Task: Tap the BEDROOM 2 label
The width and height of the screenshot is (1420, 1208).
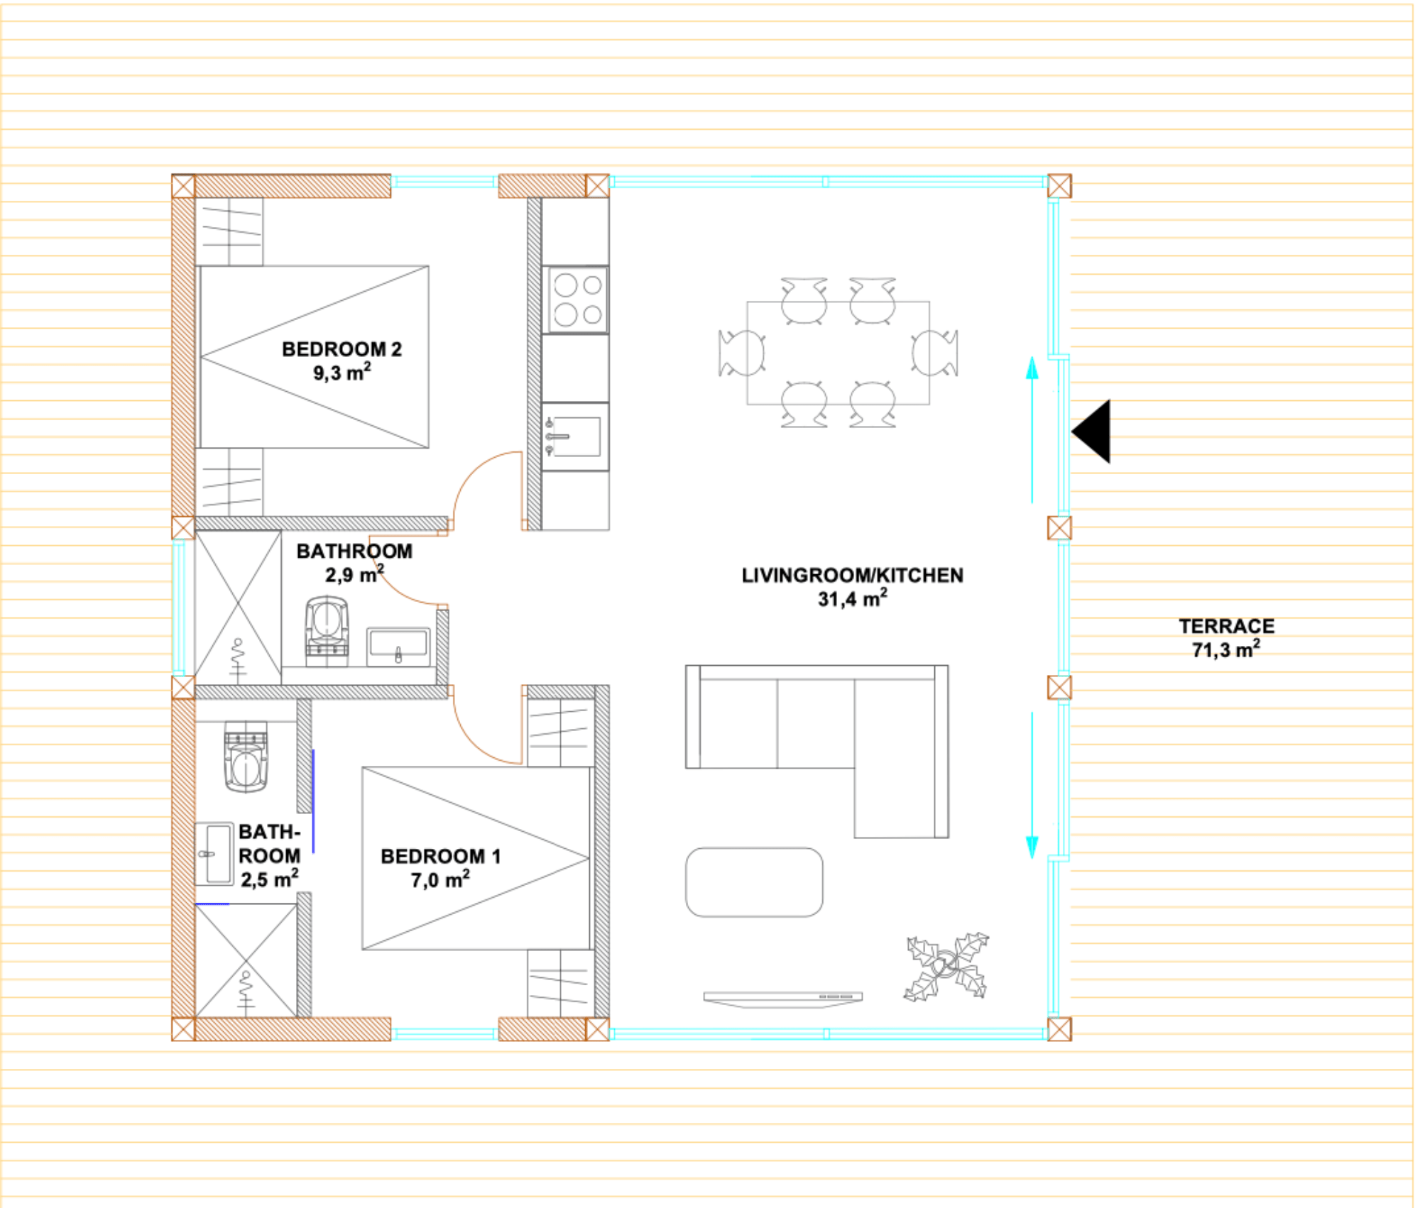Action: pyautogui.click(x=342, y=349)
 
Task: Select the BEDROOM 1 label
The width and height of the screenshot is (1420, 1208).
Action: pyautogui.click(x=440, y=856)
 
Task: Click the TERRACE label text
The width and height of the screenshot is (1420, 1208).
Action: pyautogui.click(x=1226, y=626)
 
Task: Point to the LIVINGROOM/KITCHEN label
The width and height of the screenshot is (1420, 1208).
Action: pyautogui.click(x=852, y=575)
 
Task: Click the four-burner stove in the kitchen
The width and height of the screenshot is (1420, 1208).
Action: pyautogui.click(x=576, y=300)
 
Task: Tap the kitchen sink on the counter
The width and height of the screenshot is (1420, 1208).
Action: pyautogui.click(x=576, y=436)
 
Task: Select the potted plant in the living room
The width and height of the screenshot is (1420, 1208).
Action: pyautogui.click(x=946, y=967)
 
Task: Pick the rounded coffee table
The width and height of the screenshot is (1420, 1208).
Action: pyautogui.click(x=754, y=882)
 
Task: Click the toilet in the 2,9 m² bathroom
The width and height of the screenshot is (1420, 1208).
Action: pyautogui.click(x=327, y=630)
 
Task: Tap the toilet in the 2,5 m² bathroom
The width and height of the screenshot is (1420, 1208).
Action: pyautogui.click(x=246, y=757)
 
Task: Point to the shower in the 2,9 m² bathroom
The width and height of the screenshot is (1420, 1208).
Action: pyautogui.click(x=238, y=608)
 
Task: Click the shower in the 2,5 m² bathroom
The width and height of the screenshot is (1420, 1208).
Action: pyautogui.click(x=246, y=960)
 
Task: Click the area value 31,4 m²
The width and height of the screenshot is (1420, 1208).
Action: pyautogui.click(x=852, y=598)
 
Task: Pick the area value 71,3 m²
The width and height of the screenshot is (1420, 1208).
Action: pyautogui.click(x=1226, y=649)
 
